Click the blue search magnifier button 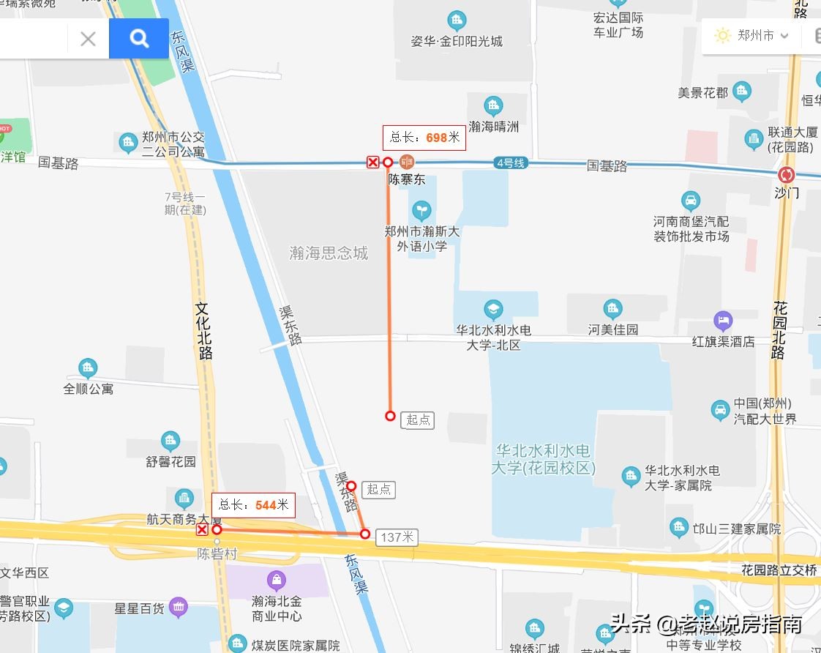coord(139,38)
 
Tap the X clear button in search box coord(88,39)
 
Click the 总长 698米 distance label coord(424,138)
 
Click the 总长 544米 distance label coord(253,505)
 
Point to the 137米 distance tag coord(397,537)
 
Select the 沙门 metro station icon coord(787,175)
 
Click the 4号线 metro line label coord(510,163)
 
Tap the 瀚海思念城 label coord(329,253)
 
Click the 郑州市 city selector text coord(756,35)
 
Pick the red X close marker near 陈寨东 coord(373,163)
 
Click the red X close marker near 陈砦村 coord(202,530)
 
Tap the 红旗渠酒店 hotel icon coord(723,320)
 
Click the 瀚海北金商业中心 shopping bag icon coord(277,581)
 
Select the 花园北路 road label coord(780,330)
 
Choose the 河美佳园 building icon coord(612,309)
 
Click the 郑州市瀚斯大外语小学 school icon coord(421,212)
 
